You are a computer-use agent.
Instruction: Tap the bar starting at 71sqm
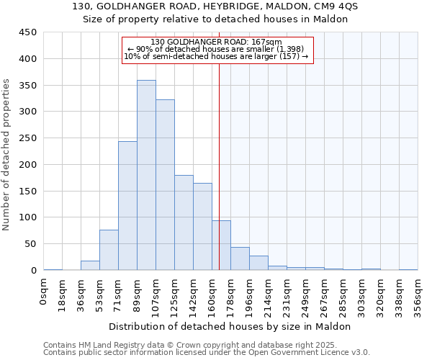pyautogui.click(x=127, y=206)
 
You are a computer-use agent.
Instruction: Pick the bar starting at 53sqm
pyautogui.click(x=109, y=250)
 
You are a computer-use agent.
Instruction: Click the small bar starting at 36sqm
pyautogui.click(x=90, y=266)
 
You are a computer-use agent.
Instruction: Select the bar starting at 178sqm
pyautogui.click(x=240, y=258)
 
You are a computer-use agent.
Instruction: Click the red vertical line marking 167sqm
pyautogui.click(x=220, y=166)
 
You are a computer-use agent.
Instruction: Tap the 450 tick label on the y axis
pyautogui.click(x=27, y=32)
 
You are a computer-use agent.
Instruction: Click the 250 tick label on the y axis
pyautogui.click(x=27, y=138)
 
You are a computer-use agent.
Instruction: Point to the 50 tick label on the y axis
pyautogui.click(x=30, y=244)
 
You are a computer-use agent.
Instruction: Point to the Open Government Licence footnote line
pyautogui.click(x=206, y=353)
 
